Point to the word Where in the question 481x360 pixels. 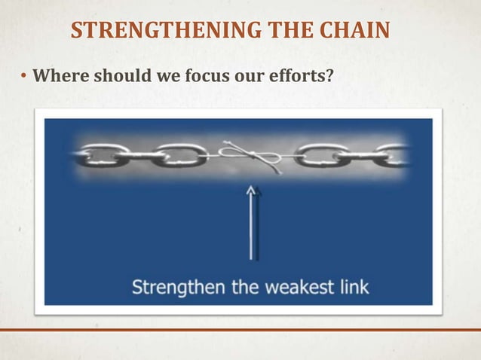point(57,76)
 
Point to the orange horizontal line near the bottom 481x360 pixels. point(240,330)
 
